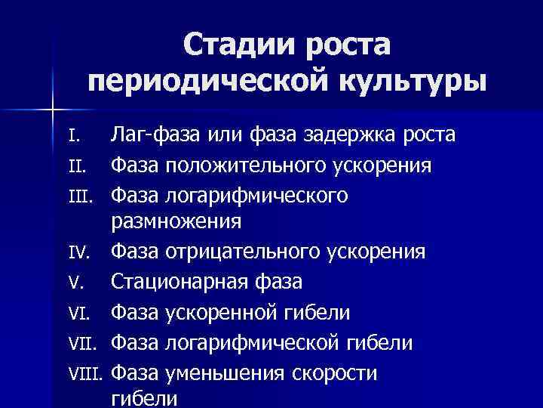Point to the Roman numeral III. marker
(79, 196)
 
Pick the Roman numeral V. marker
(75, 283)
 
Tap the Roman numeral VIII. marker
(85, 373)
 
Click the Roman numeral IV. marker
(78, 252)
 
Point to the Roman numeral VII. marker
(82, 343)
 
